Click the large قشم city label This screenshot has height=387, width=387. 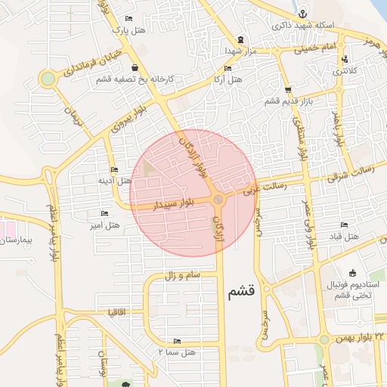point(242,290)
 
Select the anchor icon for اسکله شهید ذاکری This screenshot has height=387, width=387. point(302,14)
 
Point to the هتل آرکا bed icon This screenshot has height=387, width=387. point(228,68)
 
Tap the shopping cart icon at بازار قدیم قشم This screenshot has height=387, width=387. point(288,89)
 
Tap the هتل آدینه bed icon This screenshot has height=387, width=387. point(114,170)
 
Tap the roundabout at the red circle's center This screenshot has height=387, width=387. point(218,200)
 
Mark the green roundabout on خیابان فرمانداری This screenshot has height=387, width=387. point(48,79)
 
